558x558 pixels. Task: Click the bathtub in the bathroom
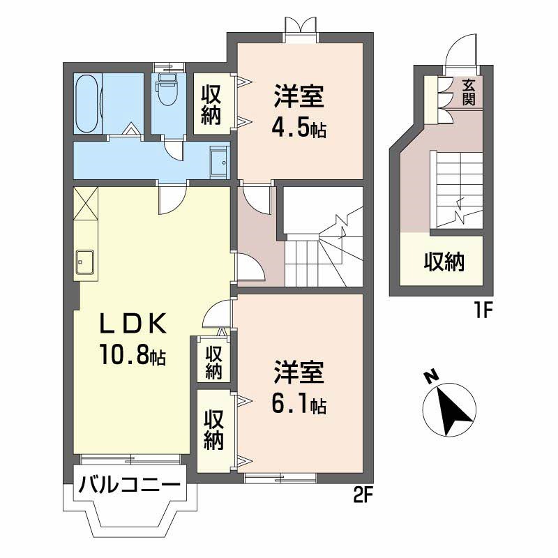[86, 103]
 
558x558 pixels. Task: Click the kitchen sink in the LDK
[84, 262]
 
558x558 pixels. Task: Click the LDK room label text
[133, 323]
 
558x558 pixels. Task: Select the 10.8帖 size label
[133, 355]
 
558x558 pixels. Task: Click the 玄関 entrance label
[469, 92]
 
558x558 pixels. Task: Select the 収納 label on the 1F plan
[444, 262]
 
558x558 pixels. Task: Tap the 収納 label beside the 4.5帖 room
[211, 105]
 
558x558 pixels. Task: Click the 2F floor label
[363, 495]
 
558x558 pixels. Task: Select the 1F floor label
[483, 311]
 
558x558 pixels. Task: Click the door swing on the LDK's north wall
[172, 200]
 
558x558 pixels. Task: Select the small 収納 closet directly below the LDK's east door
[213, 359]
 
